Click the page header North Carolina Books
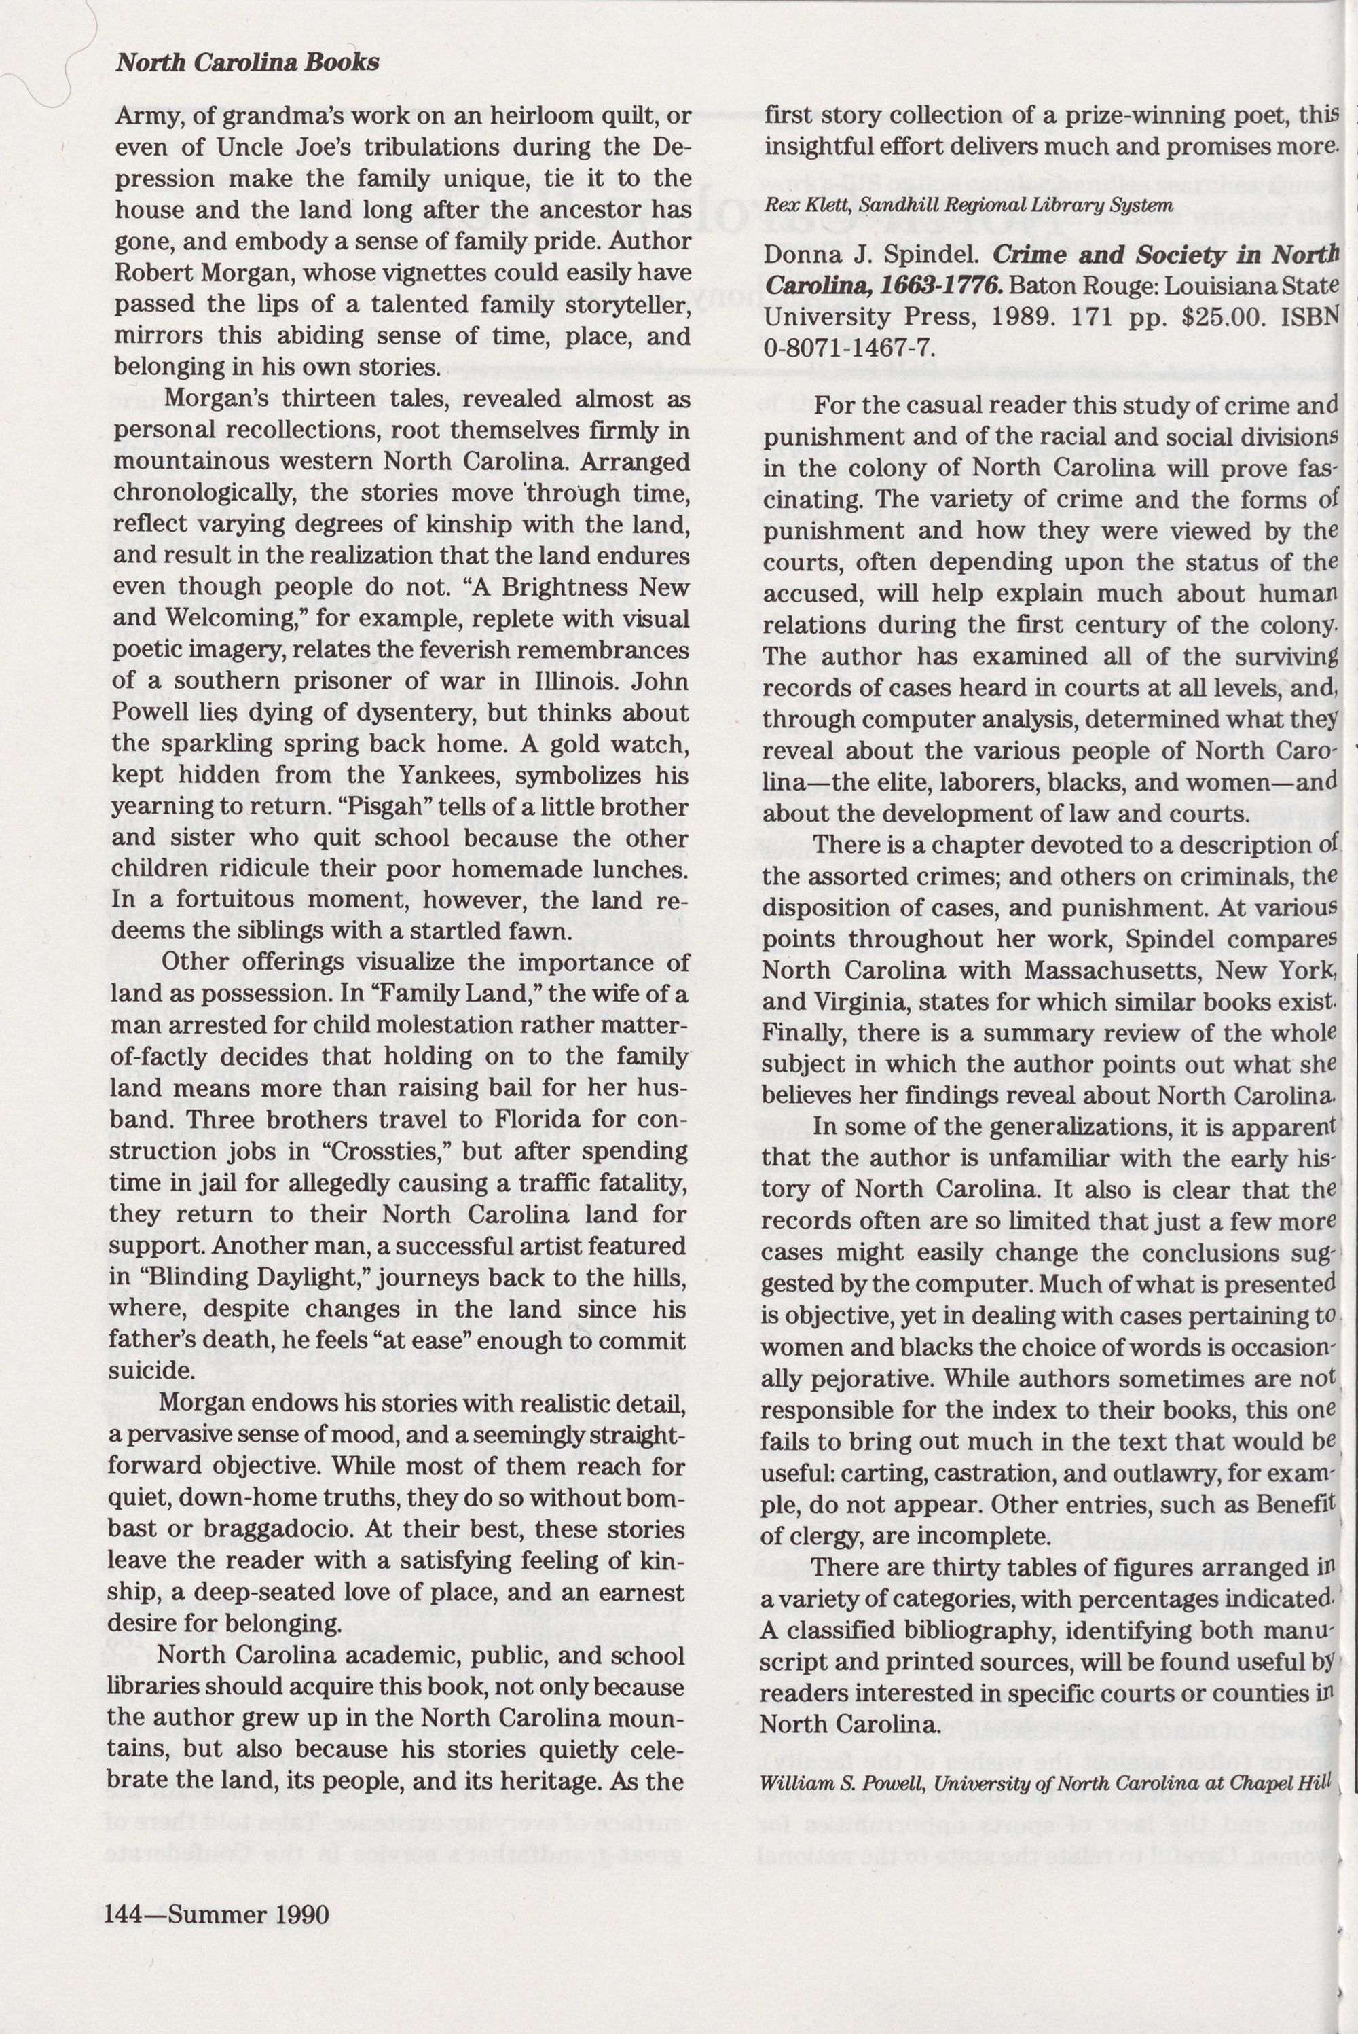pos(248,63)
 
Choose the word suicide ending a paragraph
pos(148,1372)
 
